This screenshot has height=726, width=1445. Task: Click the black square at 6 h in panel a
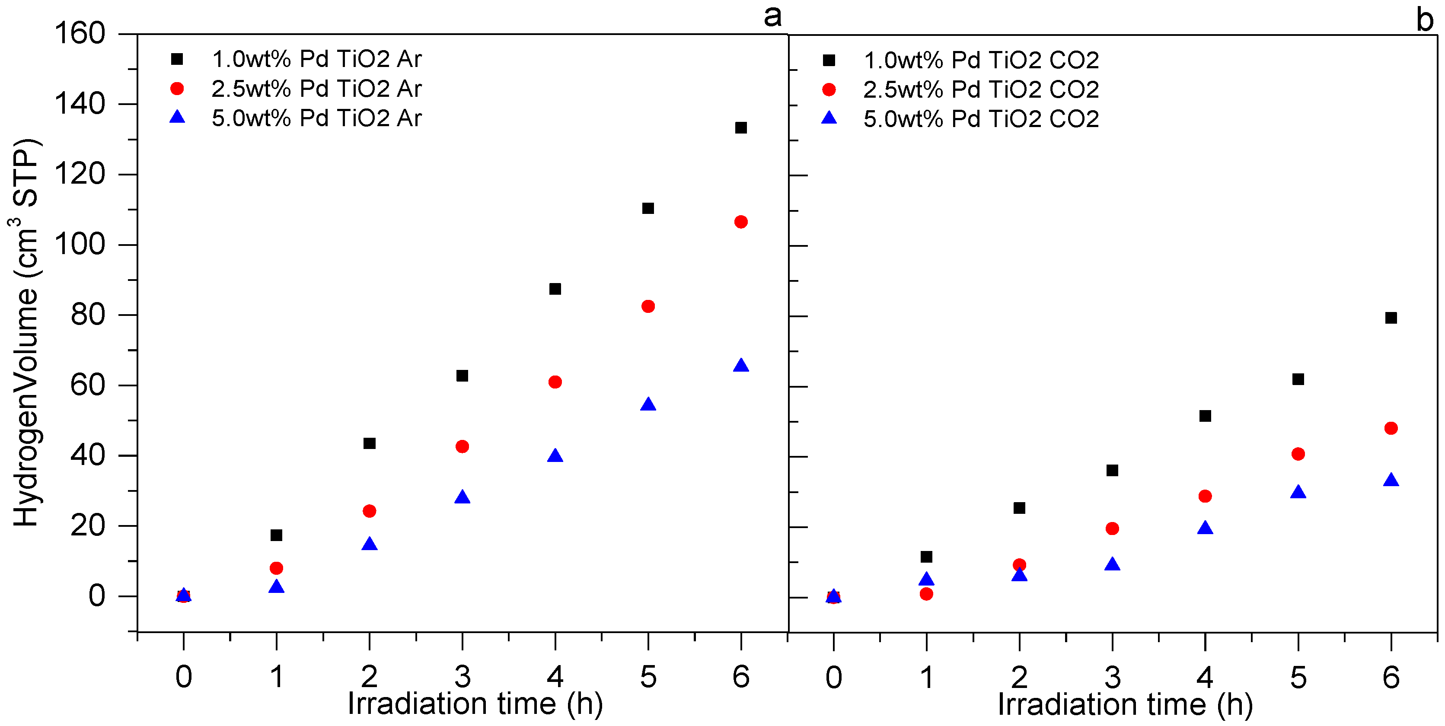tap(740, 128)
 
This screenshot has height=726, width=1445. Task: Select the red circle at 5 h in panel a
tap(648, 306)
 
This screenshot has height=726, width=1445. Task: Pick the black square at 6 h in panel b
tap(1391, 318)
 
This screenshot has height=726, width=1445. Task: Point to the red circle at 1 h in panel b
tap(926, 594)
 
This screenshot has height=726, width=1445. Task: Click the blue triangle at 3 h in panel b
tap(1112, 564)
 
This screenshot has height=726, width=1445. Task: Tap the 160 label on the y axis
tap(80, 33)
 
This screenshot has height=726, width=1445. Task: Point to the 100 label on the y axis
tap(80, 245)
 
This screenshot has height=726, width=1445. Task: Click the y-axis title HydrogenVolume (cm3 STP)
tap(25, 332)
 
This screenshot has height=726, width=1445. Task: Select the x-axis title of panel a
tap(475, 704)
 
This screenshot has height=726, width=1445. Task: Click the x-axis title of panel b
tap(1125, 705)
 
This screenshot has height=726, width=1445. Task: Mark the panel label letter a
tap(772, 16)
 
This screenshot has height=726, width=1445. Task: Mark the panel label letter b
tap(1425, 20)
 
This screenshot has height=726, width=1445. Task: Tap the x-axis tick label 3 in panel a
tap(462, 677)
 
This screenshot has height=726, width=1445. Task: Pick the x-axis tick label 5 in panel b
tap(1298, 677)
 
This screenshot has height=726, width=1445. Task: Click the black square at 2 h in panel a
tap(369, 443)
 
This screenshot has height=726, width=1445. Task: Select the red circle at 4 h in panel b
tap(1205, 496)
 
